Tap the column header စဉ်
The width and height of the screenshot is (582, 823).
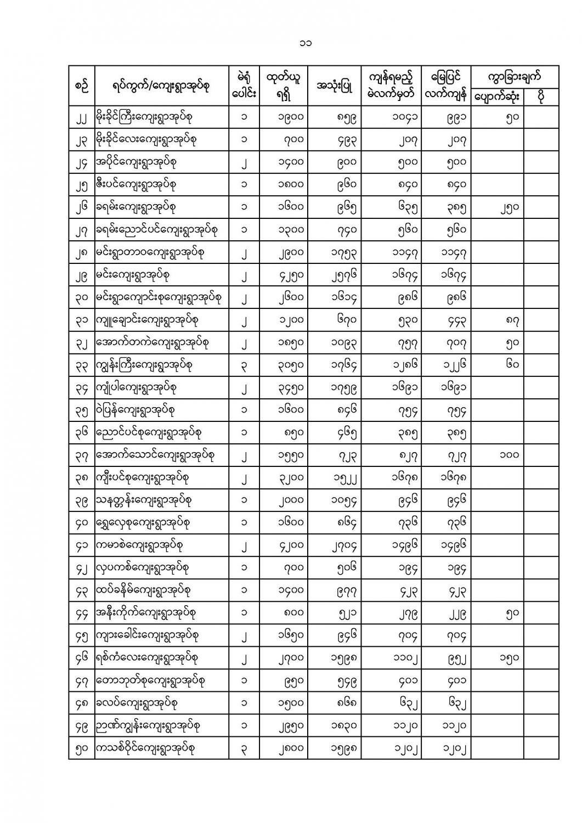pyautogui.click(x=81, y=86)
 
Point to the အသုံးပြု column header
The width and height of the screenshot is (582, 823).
pyautogui.click(x=334, y=86)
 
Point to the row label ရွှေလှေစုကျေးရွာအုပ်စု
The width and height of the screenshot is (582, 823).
pyautogui.click(x=143, y=522)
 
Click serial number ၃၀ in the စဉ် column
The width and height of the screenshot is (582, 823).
pyautogui.click(x=81, y=298)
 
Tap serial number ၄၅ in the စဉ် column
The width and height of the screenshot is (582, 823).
pyautogui.click(x=81, y=635)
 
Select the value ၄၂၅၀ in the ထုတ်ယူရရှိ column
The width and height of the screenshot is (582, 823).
pyautogui.click(x=289, y=275)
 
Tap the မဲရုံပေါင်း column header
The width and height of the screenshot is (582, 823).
pyautogui.click(x=244, y=86)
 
